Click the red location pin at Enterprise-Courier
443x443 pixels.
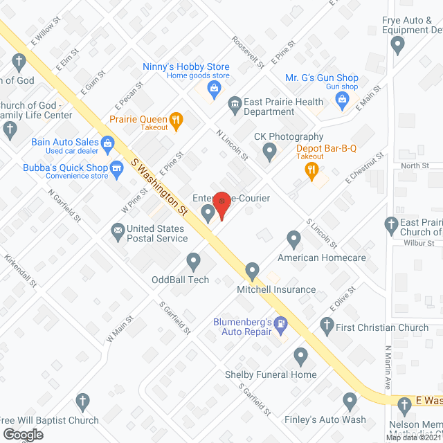221,203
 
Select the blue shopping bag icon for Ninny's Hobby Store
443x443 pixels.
215,88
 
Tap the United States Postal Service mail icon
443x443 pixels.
118,229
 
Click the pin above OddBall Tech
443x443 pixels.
193,262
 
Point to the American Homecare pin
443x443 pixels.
294,239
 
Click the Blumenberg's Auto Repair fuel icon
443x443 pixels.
280,323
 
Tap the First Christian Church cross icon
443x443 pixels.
327,323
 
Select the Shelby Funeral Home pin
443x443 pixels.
300,356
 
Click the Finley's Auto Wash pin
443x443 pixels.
350,401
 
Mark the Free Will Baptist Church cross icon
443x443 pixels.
82,401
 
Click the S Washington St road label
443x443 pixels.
160,186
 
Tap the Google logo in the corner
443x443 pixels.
23,434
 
